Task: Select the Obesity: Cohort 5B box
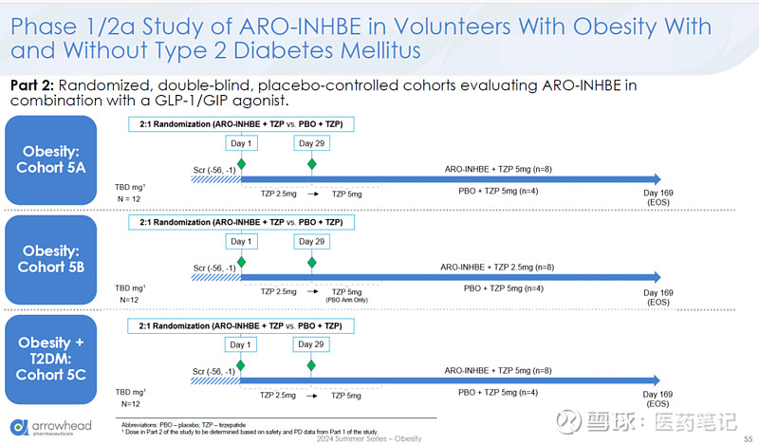coord(57,258)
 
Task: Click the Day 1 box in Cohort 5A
coord(241,143)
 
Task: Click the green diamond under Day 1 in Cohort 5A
coord(241,164)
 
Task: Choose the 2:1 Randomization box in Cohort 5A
coord(241,123)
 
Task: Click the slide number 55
coord(748,437)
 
